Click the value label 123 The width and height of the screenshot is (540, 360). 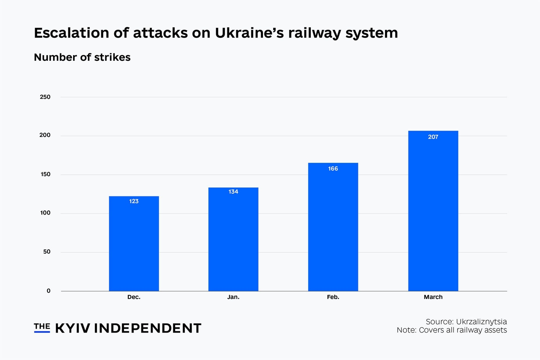(134, 201)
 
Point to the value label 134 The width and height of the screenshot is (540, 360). (233, 192)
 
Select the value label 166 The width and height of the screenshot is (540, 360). (333, 169)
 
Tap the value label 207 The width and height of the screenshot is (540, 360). (433, 137)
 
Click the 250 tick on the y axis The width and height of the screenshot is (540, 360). (45, 97)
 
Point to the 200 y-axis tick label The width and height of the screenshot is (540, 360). (45, 135)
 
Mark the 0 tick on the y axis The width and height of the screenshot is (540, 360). (49, 291)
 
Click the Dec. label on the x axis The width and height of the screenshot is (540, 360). (134, 297)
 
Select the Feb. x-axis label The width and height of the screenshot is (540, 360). (333, 297)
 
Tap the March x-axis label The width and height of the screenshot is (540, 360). (433, 297)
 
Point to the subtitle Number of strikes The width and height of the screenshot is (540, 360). (82, 57)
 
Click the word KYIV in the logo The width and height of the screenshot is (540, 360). (73, 328)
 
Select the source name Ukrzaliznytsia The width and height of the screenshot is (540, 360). (481, 322)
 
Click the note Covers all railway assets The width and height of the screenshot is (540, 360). (463, 330)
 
